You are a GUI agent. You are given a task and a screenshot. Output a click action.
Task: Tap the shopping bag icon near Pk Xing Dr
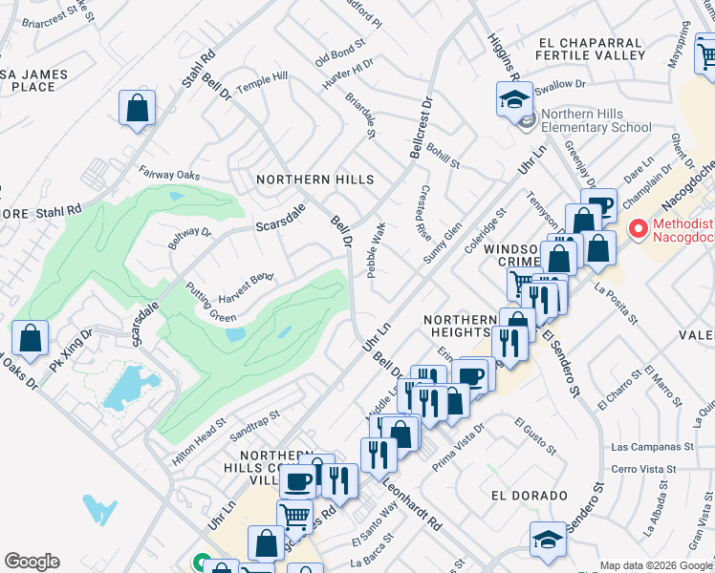coord(31,337)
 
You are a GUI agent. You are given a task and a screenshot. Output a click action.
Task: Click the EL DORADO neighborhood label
coord(523,496)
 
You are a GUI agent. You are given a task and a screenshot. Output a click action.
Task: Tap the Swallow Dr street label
coord(560,85)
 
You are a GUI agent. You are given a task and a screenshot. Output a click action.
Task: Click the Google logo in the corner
coord(32,562)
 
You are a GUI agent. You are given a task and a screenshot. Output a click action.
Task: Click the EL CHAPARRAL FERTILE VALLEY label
coord(592,49)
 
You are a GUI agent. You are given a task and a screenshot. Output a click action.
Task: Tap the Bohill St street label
coord(444,153)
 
